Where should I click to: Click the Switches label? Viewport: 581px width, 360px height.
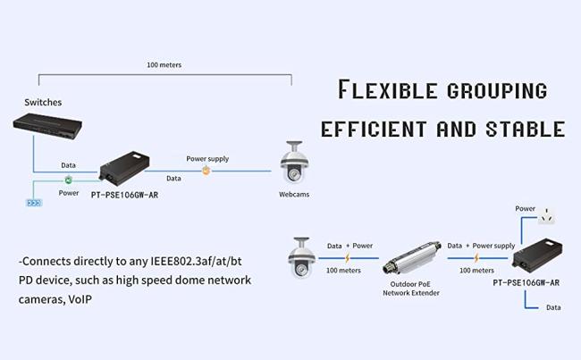pos(43,102)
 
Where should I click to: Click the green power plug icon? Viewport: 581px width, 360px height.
pos(68,180)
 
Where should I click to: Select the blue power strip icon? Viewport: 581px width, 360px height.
pos(34,203)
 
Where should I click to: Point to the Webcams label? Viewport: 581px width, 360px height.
pos(294,194)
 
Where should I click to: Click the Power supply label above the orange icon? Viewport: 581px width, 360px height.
pos(207,158)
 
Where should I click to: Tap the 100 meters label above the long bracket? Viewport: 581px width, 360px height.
pos(164,64)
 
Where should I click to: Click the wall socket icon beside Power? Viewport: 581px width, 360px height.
pos(547,215)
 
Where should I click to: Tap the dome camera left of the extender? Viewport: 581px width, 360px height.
pos(301,257)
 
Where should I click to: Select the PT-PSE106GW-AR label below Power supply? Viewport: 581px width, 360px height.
pos(526,282)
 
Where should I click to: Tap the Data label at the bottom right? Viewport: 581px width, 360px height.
pos(553,307)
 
